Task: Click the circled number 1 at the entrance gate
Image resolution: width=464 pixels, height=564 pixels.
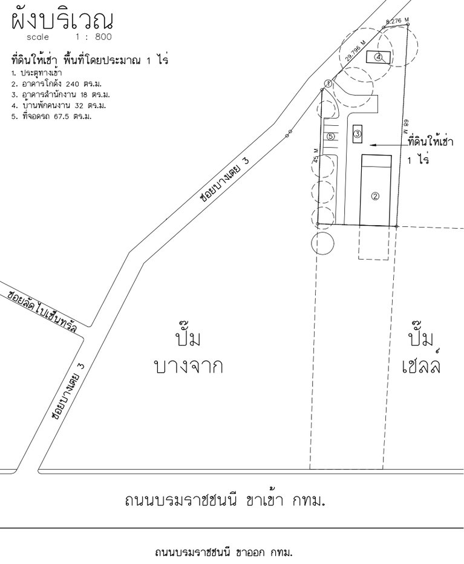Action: [327, 83]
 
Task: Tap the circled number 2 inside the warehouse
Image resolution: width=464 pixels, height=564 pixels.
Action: [375, 195]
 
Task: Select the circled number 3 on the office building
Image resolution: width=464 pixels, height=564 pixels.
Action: [358, 134]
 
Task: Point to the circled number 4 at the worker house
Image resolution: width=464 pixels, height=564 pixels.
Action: [378, 57]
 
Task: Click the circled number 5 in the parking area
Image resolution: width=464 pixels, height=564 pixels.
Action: [330, 137]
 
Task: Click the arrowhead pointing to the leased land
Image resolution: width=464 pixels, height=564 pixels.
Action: [371, 145]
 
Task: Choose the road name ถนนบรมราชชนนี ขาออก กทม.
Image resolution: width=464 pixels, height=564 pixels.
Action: [224, 553]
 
